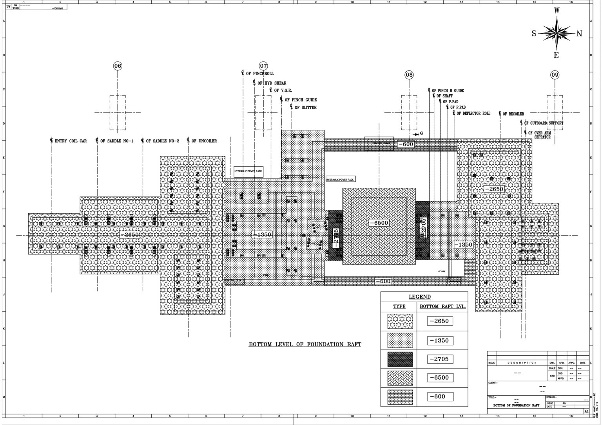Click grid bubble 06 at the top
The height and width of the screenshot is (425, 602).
[x=118, y=66]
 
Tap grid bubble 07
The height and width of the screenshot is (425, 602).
[x=263, y=66]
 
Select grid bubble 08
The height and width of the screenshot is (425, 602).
[x=409, y=74]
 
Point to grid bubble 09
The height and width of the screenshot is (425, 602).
[x=555, y=74]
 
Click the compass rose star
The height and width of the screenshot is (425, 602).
[x=557, y=33]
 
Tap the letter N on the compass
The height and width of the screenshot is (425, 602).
[x=579, y=34]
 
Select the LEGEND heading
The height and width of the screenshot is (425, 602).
[x=419, y=297]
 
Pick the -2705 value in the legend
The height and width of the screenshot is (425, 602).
[x=439, y=359]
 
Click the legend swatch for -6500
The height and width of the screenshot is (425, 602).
[x=400, y=378]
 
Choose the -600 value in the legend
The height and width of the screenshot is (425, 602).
[x=439, y=396]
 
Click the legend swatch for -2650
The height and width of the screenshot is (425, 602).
[x=400, y=322]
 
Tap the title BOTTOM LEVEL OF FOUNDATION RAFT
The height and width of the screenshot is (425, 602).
[x=305, y=344]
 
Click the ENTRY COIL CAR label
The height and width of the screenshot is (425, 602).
[x=71, y=141]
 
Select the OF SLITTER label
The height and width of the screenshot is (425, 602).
[x=305, y=108]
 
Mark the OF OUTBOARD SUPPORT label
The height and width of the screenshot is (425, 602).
[x=544, y=123]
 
